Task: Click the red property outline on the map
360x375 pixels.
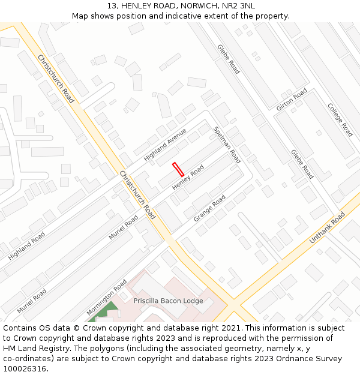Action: (178, 169)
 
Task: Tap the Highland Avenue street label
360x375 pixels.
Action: (165, 144)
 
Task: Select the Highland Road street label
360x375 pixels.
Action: (26, 246)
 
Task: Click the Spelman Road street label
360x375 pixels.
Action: (227, 145)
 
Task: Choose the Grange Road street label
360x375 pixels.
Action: (209, 208)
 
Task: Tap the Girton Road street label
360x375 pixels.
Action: (292, 100)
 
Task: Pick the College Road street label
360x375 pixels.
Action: (340, 119)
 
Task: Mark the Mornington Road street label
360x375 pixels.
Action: (106, 297)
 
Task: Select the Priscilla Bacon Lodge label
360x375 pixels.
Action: (168, 301)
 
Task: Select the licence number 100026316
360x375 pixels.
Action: (25, 369)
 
